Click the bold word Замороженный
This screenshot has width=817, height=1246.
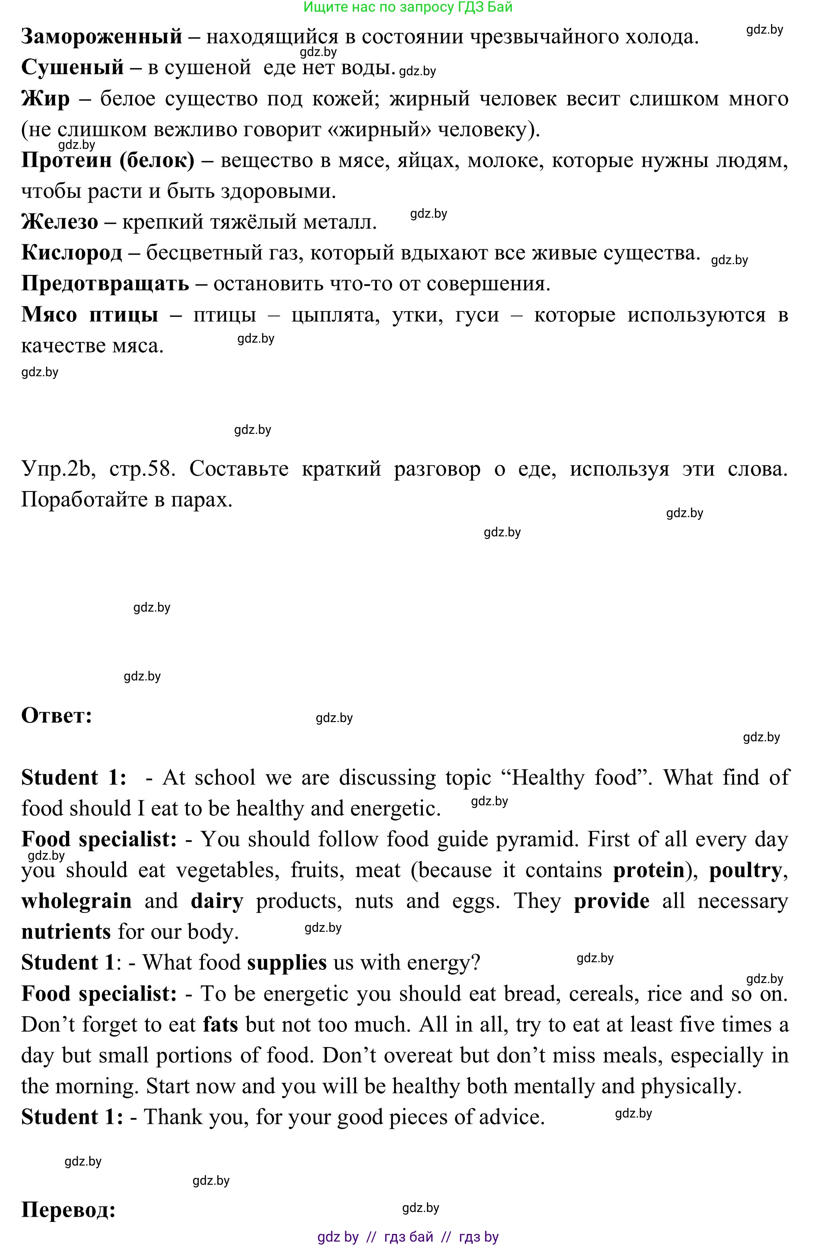point(102,37)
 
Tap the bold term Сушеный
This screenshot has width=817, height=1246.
point(72,68)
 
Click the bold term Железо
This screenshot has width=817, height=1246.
point(59,222)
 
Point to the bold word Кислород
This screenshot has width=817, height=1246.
point(72,253)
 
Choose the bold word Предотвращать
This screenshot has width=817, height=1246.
point(105,284)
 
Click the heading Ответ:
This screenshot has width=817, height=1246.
point(56,716)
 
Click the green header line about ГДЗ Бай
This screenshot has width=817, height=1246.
point(408,7)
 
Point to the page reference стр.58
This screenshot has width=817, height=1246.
point(141,469)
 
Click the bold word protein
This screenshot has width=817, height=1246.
point(649,870)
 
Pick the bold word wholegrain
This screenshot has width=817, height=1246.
point(76,901)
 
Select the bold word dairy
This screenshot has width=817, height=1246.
point(217,901)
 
